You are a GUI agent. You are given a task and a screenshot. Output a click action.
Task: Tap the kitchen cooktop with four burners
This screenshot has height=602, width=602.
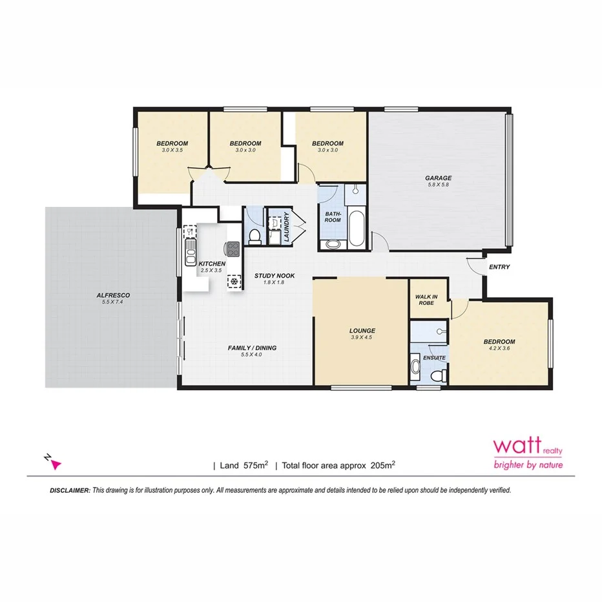click(x=233, y=247)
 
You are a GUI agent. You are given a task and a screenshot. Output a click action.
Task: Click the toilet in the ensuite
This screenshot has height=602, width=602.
click(x=437, y=375)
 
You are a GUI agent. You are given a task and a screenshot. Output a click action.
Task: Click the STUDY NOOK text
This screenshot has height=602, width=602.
click(x=274, y=276)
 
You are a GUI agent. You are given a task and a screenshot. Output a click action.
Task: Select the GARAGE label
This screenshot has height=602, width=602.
click(x=438, y=178)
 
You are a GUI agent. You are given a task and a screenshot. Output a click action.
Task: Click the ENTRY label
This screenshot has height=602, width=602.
click(x=499, y=267)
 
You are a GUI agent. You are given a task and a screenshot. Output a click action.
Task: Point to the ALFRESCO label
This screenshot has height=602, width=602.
click(x=113, y=295)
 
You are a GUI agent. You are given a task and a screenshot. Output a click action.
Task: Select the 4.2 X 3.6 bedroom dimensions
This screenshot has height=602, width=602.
click(x=499, y=349)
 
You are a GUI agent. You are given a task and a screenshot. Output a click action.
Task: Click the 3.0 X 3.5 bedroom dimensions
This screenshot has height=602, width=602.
click(x=172, y=150)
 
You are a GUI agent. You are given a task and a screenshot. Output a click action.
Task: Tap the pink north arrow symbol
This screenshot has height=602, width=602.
click(x=54, y=462)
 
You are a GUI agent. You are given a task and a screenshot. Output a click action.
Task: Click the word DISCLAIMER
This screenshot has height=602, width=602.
click(x=70, y=490)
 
